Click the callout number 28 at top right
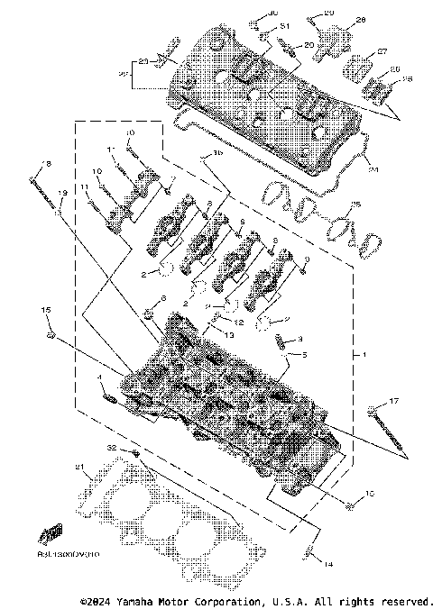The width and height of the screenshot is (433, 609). (x=361, y=20)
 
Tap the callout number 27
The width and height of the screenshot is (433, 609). (x=381, y=52)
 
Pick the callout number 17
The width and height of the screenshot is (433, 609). (x=393, y=400)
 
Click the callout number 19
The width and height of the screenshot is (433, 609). (x=62, y=194)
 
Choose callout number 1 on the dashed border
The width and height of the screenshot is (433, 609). (x=364, y=355)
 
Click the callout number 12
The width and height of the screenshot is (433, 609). (x=239, y=322)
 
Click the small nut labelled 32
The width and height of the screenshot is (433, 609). (x=134, y=452)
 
